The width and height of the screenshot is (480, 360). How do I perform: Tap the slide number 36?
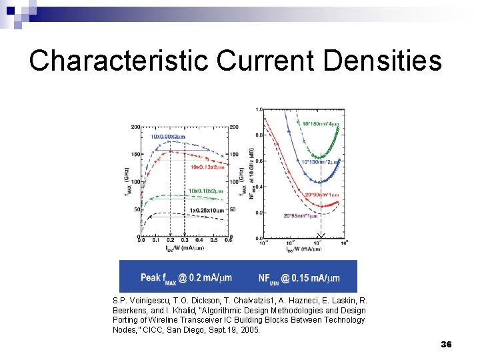point(447,344)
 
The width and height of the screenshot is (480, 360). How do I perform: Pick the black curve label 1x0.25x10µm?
point(209,210)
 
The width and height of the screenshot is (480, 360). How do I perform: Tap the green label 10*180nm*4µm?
point(321,124)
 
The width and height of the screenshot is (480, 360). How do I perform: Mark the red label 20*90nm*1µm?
point(321,194)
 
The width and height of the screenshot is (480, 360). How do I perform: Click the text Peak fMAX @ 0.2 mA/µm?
point(182,277)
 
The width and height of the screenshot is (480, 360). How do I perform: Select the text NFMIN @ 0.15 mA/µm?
point(299,277)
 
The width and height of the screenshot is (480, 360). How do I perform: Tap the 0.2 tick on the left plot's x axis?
point(171,241)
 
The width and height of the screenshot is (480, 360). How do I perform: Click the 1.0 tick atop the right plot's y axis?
point(259,109)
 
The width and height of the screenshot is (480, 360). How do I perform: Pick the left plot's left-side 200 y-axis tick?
point(135,127)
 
